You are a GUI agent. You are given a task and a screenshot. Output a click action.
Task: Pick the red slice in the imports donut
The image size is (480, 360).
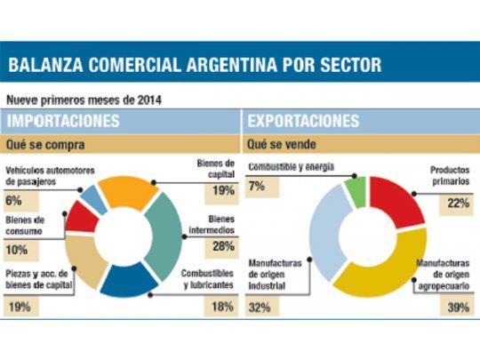click(x=84, y=215)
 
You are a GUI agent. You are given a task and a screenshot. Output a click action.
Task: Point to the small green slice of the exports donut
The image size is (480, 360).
click(x=356, y=191)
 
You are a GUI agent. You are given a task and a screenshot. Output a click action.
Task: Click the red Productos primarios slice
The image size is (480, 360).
click(x=398, y=204)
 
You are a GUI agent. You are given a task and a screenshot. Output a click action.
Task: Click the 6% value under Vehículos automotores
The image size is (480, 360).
click(x=13, y=201)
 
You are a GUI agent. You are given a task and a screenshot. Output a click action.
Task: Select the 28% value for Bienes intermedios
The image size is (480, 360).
click(x=223, y=245)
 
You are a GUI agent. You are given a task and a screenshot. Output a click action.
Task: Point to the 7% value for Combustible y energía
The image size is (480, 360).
click(x=256, y=186)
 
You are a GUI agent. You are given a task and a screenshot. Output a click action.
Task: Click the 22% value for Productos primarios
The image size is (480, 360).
click(x=459, y=204)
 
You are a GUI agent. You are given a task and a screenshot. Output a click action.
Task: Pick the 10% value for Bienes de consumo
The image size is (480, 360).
click(x=17, y=250)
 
